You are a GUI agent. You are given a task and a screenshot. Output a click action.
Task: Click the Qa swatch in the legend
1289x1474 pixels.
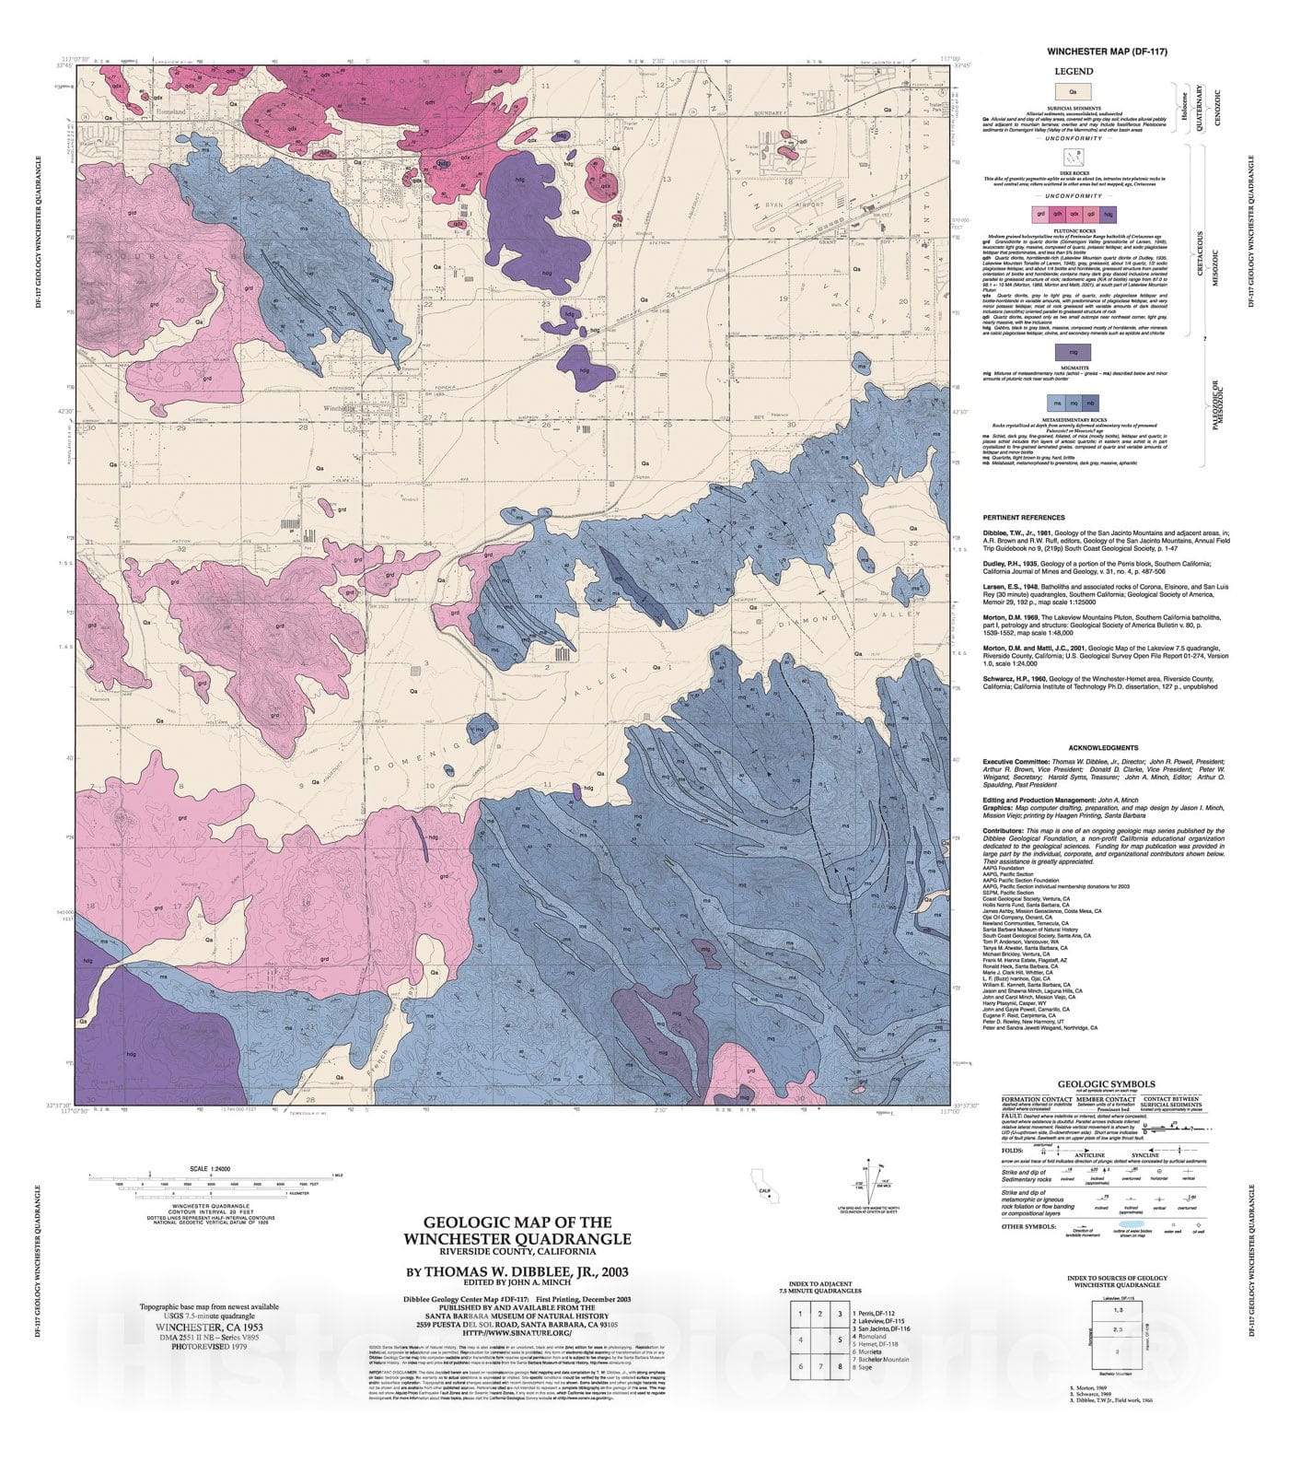1073,91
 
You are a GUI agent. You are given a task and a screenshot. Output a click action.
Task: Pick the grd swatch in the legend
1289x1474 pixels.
1040,213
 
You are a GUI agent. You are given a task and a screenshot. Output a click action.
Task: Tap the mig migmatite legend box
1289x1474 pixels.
1073,352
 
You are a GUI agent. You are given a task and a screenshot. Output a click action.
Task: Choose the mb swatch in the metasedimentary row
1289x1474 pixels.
1090,404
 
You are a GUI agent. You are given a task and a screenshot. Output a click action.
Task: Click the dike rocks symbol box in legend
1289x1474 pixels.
1073,157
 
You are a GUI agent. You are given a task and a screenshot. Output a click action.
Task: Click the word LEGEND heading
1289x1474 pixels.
1074,71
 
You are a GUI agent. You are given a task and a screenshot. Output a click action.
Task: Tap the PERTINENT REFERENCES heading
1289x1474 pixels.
1023,518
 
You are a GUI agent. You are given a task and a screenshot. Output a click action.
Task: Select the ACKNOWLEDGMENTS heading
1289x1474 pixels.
1103,748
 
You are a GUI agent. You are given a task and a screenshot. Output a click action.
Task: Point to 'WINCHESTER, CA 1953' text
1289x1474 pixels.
209,1328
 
